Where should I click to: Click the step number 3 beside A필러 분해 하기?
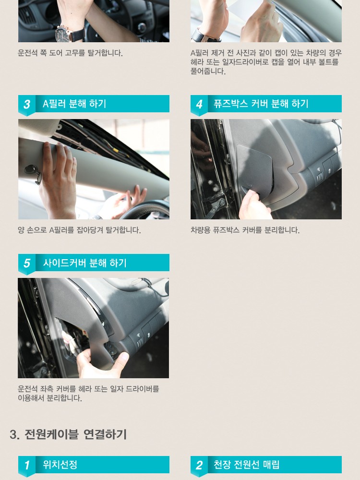click(x=27, y=104)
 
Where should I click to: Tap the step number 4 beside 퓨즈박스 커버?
click(x=199, y=104)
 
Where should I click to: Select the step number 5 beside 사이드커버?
click(x=27, y=263)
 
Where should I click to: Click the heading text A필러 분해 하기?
click(x=74, y=104)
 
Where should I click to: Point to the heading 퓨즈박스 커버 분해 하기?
click(x=261, y=104)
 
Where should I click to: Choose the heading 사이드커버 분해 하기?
click(x=84, y=263)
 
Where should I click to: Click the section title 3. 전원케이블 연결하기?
click(x=68, y=434)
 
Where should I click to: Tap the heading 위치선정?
click(x=60, y=465)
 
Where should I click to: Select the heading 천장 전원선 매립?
click(x=246, y=465)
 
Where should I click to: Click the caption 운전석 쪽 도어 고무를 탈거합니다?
click(x=70, y=53)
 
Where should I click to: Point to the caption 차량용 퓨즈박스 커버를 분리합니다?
click(x=245, y=230)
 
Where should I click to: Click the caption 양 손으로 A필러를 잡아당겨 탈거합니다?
click(x=79, y=230)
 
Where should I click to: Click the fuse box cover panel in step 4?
click(x=254, y=167)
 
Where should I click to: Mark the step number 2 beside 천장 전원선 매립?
click(x=199, y=465)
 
